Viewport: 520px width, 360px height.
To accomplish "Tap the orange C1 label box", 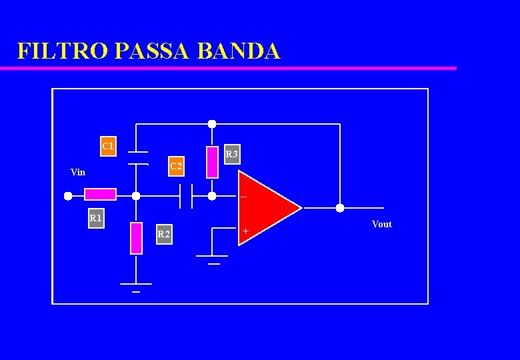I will pyautogui.click(x=108, y=146).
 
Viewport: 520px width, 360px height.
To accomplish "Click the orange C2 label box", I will pyautogui.click(x=176, y=165).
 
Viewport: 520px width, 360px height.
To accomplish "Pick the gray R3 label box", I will pyautogui.click(x=231, y=155).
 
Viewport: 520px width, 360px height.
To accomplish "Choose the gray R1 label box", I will pyautogui.click(x=97, y=218).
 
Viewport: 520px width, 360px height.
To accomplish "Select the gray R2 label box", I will pyautogui.click(x=163, y=235).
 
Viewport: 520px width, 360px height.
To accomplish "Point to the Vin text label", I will pyautogui.click(x=78, y=173).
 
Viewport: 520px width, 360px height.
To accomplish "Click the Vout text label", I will pyautogui.click(x=381, y=225).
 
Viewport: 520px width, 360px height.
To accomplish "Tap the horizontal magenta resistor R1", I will pyautogui.click(x=100, y=195).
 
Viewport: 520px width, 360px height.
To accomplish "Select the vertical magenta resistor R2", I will pyautogui.click(x=136, y=238).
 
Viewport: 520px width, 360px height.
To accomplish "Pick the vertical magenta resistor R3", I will pyautogui.click(x=212, y=162).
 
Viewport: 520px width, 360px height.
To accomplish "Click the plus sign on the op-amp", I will pyautogui.click(x=246, y=231).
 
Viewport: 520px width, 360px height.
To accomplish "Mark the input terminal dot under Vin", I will pyautogui.click(x=68, y=196).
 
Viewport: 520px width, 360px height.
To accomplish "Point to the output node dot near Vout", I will pyautogui.click(x=339, y=208).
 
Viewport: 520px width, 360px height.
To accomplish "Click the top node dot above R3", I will pyautogui.click(x=212, y=124).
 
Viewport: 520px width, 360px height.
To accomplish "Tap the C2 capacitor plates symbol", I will pyautogui.click(x=186, y=196).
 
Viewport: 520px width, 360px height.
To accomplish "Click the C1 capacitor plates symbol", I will pyautogui.click(x=137, y=157).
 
